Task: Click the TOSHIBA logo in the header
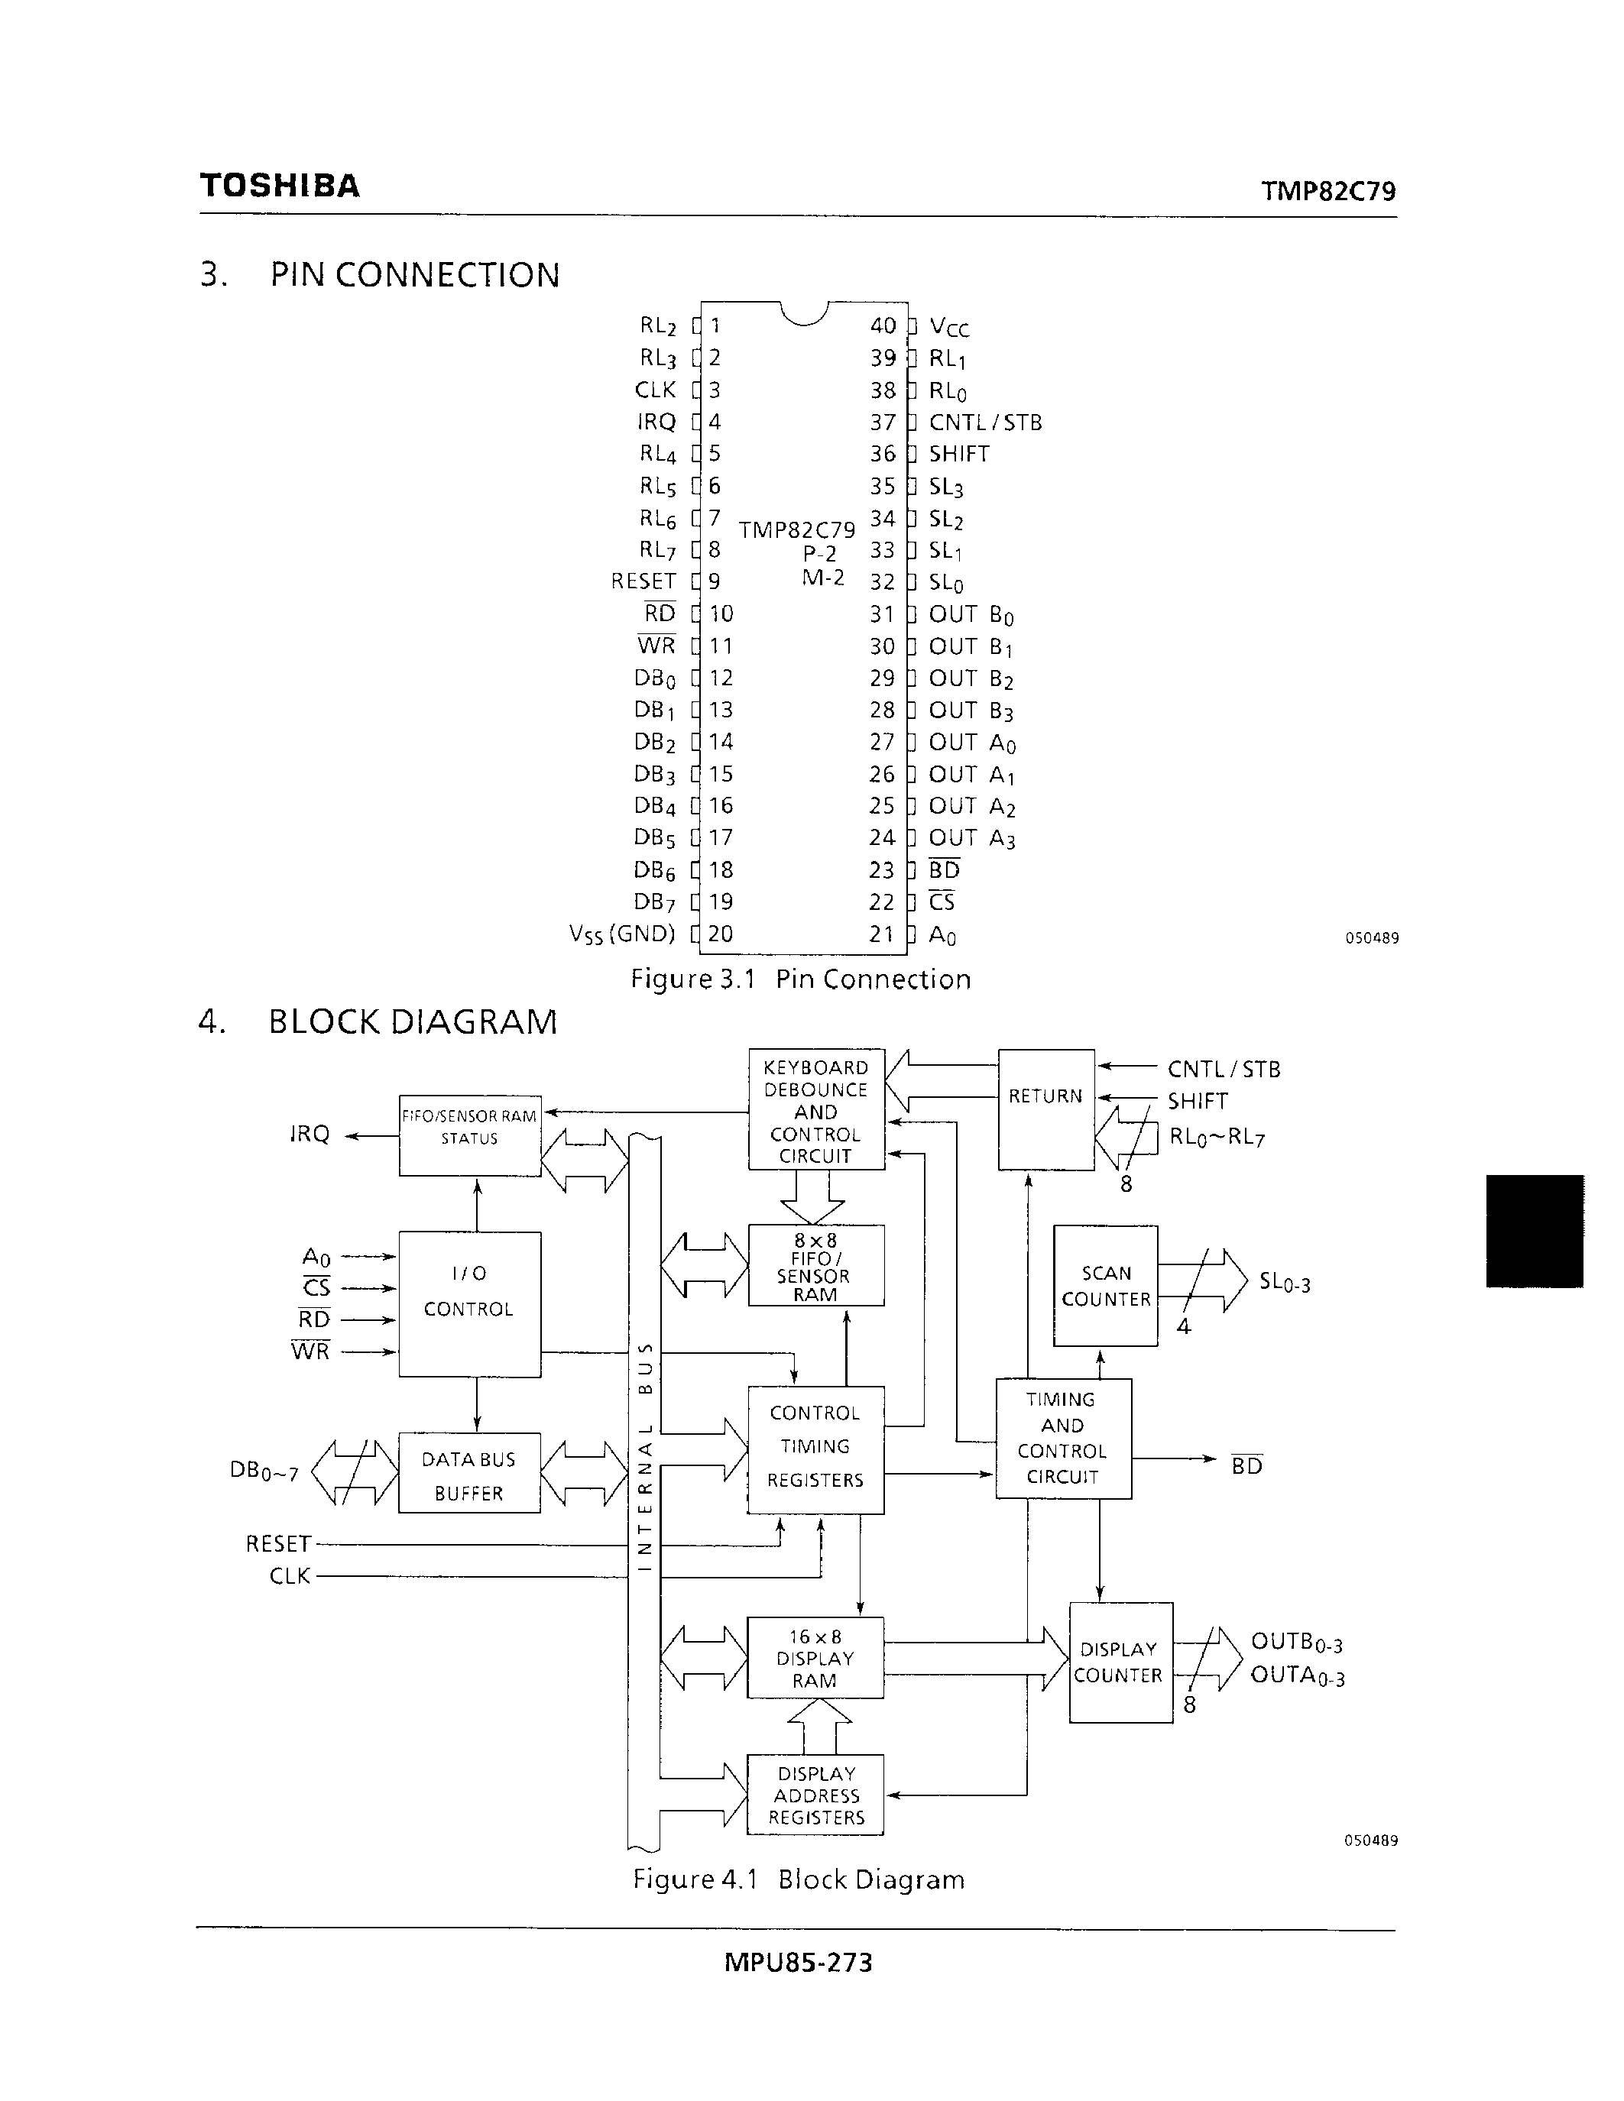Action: click(x=280, y=186)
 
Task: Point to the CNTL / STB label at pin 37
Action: click(x=985, y=422)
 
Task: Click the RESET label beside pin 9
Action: click(x=643, y=581)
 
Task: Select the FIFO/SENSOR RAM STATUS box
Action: click(x=469, y=1135)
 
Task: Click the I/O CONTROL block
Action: click(x=469, y=1303)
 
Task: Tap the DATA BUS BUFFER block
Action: click(x=469, y=1473)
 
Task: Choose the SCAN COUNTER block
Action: click(x=1105, y=1285)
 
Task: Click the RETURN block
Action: click(x=1045, y=1109)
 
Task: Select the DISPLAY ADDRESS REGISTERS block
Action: click(x=816, y=1795)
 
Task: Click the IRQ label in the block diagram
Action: click(x=310, y=1135)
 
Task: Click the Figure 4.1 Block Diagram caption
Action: click(x=799, y=1879)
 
